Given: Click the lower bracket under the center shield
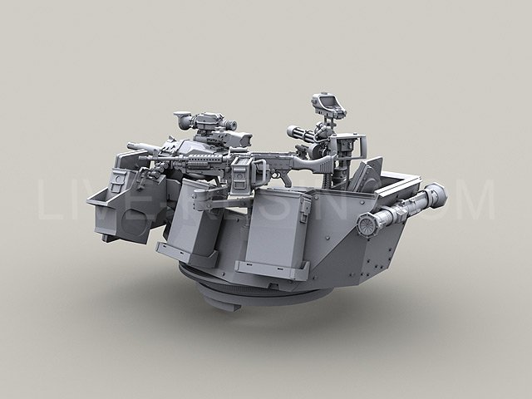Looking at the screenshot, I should click(175, 250).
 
